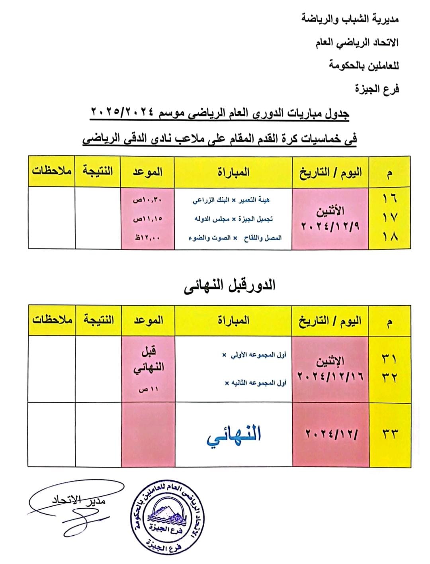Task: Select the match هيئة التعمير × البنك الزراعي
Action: [231, 200]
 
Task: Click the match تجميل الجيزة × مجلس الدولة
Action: [233, 219]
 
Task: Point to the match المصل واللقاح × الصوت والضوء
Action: [235, 238]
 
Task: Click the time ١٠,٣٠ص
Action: [148, 200]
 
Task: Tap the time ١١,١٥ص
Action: [148, 219]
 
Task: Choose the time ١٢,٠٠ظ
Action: [148, 238]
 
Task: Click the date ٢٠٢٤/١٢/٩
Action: [330, 227]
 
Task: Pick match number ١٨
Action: [389, 237]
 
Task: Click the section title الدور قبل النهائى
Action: [230, 285]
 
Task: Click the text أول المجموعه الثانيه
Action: [255, 383]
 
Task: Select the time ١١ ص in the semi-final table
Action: [148, 390]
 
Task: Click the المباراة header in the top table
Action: [234, 172]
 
